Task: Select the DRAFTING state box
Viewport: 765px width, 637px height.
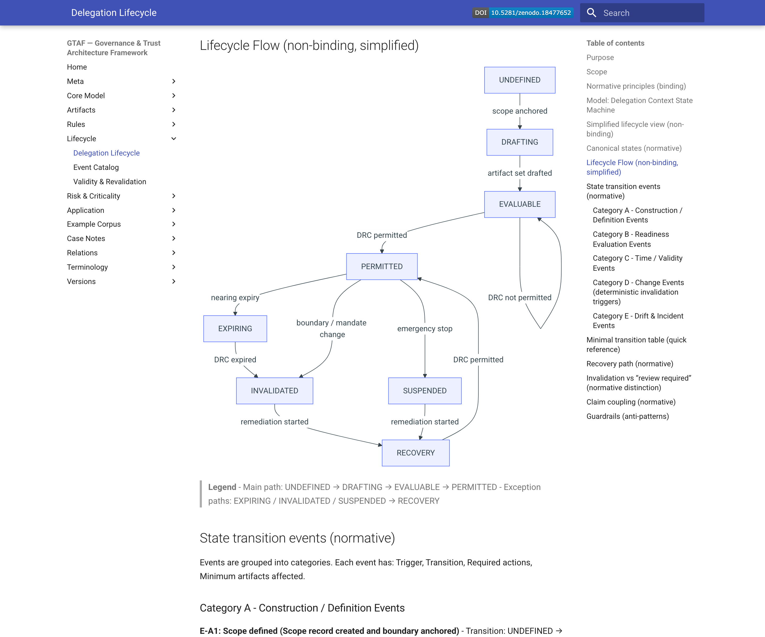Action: (x=520, y=142)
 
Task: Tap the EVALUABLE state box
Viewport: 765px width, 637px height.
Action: (x=520, y=204)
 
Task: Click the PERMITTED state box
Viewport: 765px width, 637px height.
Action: (x=381, y=266)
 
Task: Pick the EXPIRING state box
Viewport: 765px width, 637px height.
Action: (x=235, y=329)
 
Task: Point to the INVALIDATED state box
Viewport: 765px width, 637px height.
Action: (x=274, y=391)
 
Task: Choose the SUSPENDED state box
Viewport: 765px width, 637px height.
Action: (x=424, y=391)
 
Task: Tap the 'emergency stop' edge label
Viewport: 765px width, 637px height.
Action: (x=424, y=329)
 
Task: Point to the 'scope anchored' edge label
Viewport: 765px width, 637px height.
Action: (x=520, y=111)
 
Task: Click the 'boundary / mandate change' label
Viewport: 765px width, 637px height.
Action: (x=331, y=328)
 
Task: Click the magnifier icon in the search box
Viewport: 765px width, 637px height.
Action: (x=591, y=13)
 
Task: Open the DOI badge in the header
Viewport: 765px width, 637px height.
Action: (x=523, y=13)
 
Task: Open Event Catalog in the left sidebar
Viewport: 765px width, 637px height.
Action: (x=96, y=167)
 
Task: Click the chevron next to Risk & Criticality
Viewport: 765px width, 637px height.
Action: (x=174, y=196)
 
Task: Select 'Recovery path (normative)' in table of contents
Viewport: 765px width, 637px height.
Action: (x=630, y=364)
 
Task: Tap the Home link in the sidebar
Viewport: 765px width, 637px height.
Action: (x=77, y=67)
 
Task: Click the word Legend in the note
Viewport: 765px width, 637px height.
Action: (x=222, y=487)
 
